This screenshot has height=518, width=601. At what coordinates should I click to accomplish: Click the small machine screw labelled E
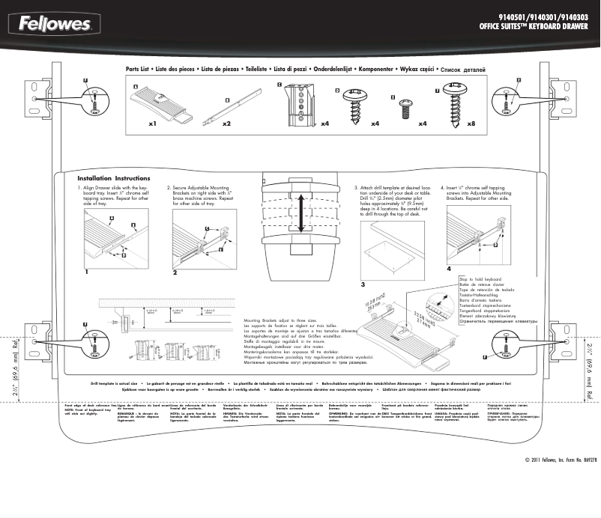tap(408, 106)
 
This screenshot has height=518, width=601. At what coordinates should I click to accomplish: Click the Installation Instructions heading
tap(114, 178)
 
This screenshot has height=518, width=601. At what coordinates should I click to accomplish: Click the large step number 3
tap(362, 285)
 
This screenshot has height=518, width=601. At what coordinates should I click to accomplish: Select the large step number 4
tap(449, 267)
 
